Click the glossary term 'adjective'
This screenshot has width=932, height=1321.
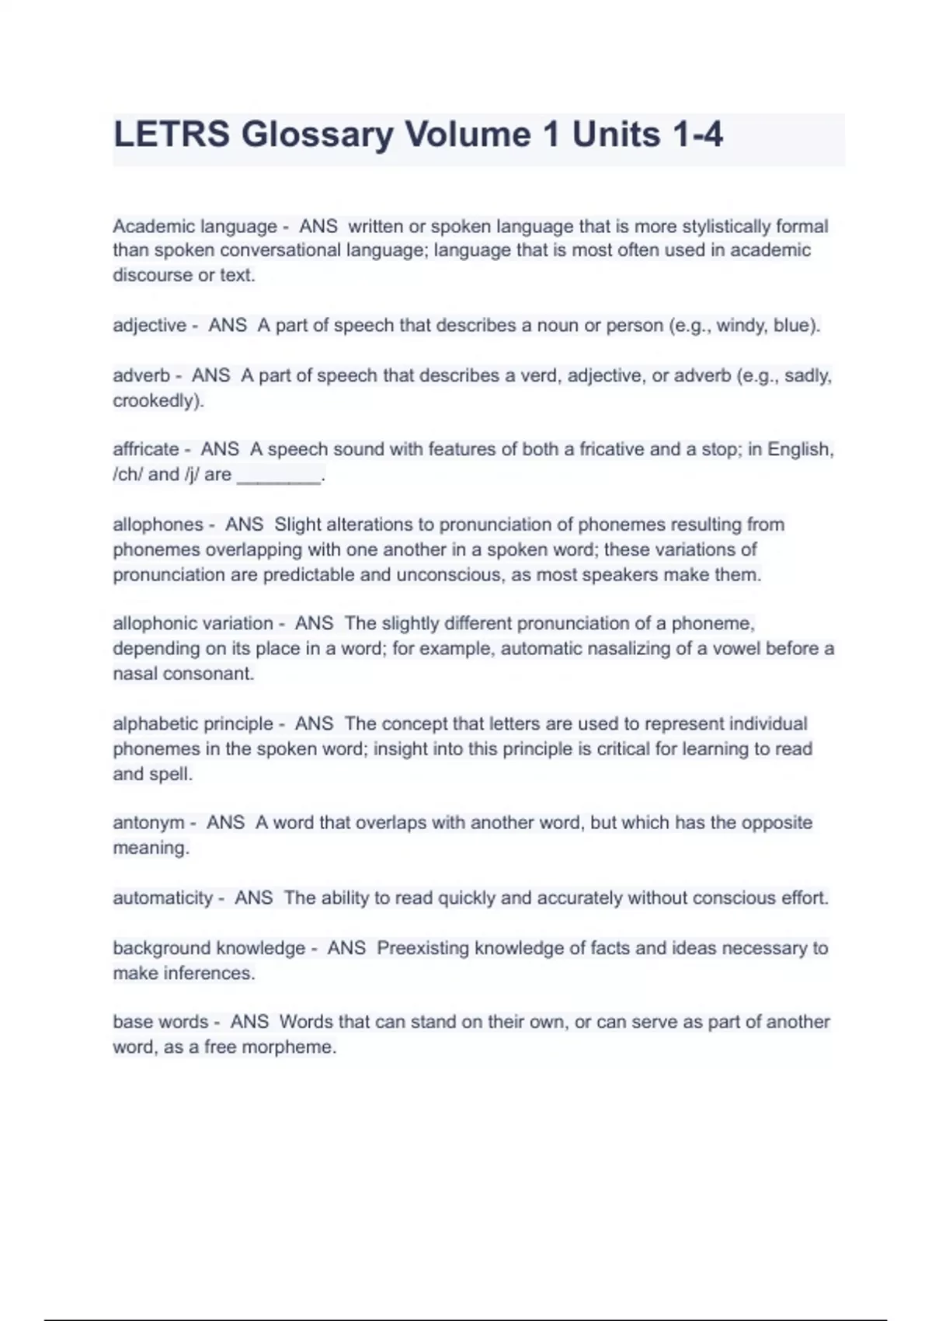pos(150,326)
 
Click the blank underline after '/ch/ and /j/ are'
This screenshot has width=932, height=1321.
pos(278,476)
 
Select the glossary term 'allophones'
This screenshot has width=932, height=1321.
pos(158,525)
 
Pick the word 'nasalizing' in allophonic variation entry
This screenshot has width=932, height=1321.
pos(629,649)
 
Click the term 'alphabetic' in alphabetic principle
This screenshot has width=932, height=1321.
pos(151,724)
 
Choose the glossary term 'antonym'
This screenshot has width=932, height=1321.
pos(148,823)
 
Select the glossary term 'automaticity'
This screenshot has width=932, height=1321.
pos(162,898)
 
